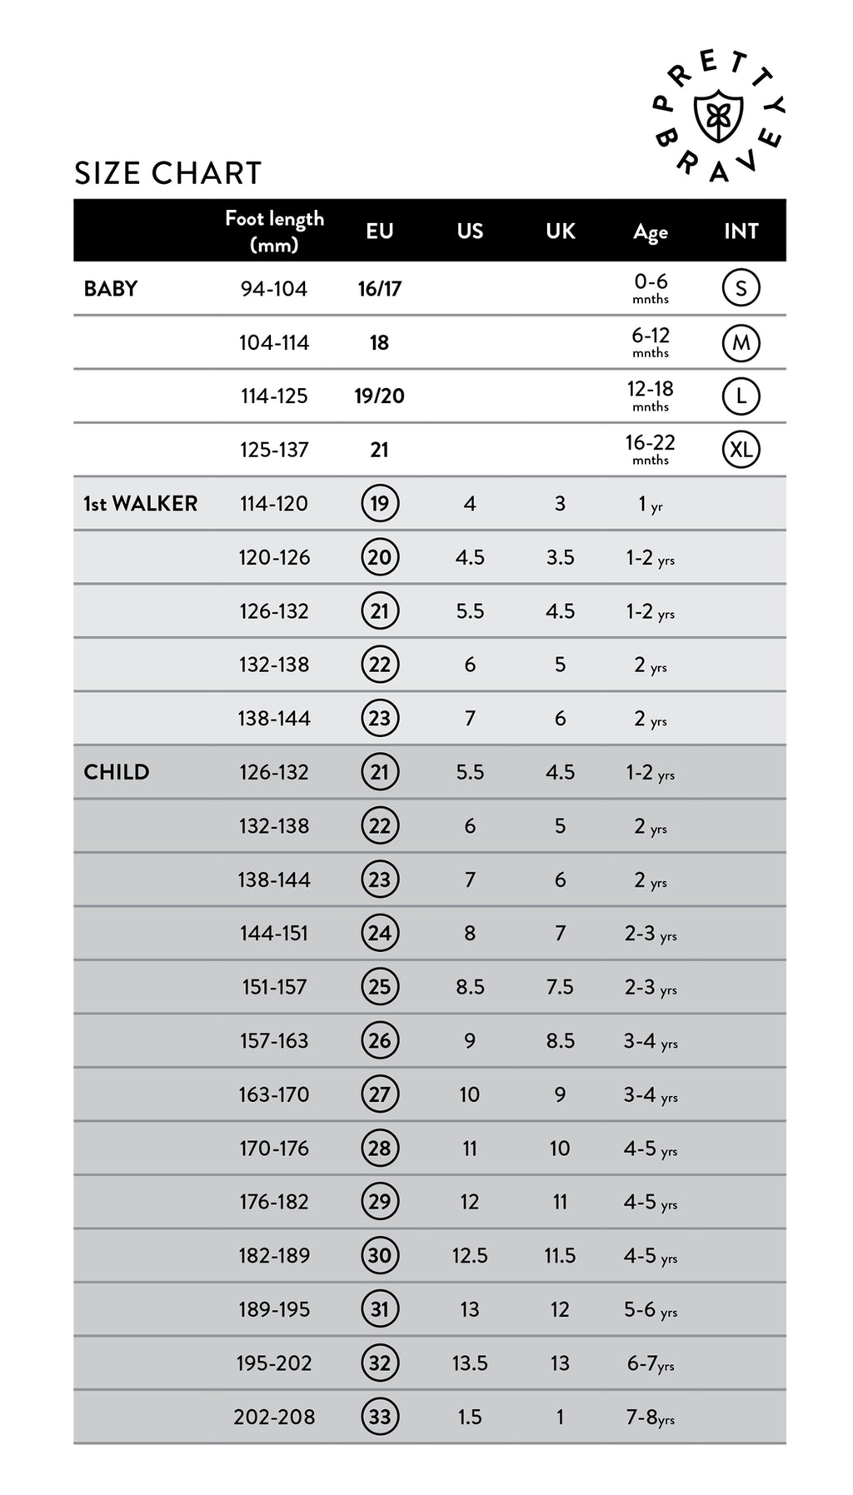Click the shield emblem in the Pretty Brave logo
pos(718,117)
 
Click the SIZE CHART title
pos(168,173)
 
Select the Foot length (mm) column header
pos(274,231)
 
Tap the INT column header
pos(741,231)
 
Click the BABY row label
pos(111,288)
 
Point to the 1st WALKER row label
pos(140,503)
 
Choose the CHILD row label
pos(116,771)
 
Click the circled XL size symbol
pos(741,450)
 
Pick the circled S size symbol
pos(741,288)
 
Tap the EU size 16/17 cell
pos(379,288)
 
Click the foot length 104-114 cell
pos(273,342)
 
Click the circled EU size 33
pos(380,1416)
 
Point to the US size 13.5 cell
pos(470,1363)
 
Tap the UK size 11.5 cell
pos(560,1255)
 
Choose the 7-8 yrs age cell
pos(651,1416)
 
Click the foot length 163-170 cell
pos(273,1094)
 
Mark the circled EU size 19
pos(380,503)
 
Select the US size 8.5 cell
pos(470,986)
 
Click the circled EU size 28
pos(380,1148)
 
